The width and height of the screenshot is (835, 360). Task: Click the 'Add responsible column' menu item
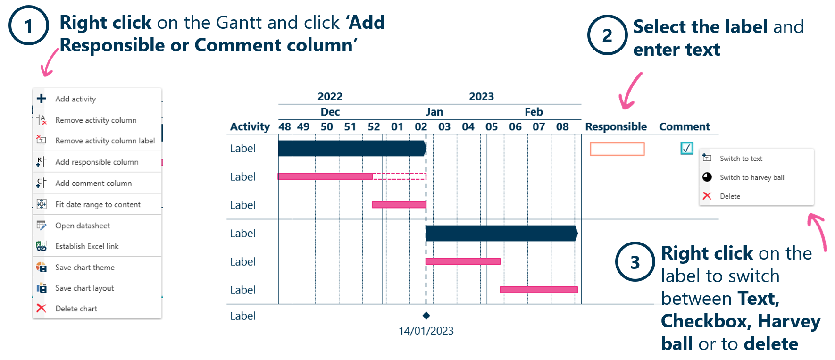[97, 162]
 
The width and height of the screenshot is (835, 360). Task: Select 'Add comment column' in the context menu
[93, 183]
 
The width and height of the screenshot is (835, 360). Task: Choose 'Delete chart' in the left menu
[76, 309]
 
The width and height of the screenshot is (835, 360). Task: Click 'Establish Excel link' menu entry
[87, 246]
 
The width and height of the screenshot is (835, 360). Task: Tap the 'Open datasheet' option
[83, 226]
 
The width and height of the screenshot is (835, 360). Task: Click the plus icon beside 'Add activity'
[42, 98]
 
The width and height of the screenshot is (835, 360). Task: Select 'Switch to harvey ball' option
[752, 177]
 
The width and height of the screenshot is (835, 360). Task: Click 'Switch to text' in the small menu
[741, 159]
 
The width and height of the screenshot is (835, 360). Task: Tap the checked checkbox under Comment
[687, 148]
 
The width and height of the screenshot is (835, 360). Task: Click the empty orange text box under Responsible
[617, 149]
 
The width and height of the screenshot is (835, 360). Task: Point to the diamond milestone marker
[426, 316]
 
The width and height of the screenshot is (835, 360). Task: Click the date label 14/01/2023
[426, 331]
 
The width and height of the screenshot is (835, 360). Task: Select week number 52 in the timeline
[374, 127]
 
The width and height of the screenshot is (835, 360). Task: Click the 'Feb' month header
[534, 112]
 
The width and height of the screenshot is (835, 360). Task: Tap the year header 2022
[330, 97]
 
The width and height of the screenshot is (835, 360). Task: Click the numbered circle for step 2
[607, 35]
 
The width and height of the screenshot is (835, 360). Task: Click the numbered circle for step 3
[635, 262]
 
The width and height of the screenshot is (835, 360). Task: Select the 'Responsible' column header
[616, 126]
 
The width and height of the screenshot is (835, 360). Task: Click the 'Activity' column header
[250, 127]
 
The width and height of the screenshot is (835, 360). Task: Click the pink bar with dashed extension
[352, 176]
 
